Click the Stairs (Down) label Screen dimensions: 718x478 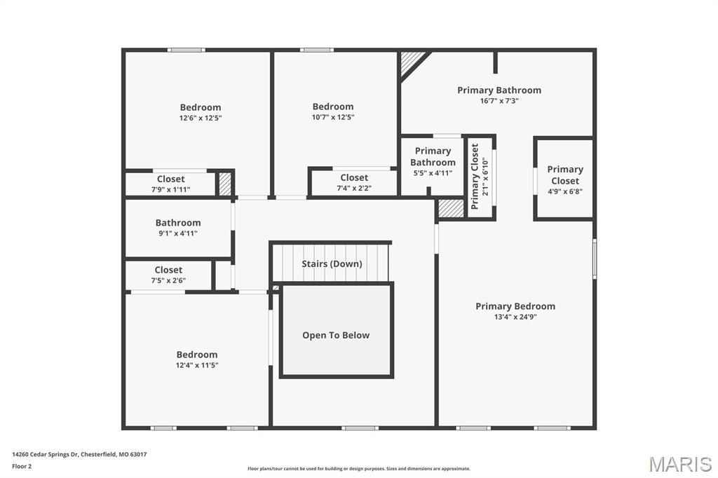click(332, 264)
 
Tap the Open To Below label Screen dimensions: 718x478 click(336, 335)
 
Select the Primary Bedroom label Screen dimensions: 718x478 click(515, 306)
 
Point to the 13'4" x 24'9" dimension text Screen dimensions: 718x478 click(515, 316)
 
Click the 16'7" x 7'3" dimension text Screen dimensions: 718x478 click(499, 101)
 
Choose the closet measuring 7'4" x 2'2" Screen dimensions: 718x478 click(354, 182)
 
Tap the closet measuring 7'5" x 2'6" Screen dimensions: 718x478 click(168, 275)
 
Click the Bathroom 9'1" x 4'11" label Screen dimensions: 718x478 click(178, 228)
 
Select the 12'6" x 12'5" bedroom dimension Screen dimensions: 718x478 click(201, 118)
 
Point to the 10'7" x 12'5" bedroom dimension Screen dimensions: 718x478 click(333, 117)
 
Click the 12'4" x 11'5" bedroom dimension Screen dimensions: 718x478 click(197, 365)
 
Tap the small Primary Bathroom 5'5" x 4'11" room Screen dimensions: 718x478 click(433, 165)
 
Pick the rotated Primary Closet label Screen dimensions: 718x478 click(475, 177)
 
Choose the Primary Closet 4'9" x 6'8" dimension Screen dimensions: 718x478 click(565, 191)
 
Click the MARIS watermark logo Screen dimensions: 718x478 click(680, 464)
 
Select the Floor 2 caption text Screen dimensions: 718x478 click(22, 467)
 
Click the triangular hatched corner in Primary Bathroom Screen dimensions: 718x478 click(411, 62)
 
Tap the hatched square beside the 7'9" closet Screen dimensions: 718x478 click(224, 184)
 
